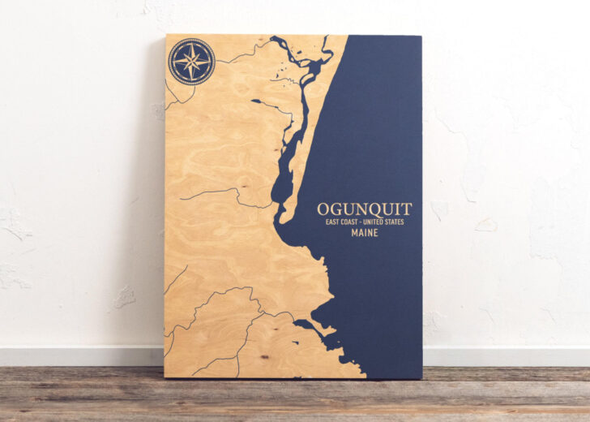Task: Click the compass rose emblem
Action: tap(192, 62)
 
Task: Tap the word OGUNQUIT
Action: tap(364, 209)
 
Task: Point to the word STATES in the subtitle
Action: tap(391, 222)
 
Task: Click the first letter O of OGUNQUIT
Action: tap(323, 209)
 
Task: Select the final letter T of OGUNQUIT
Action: tap(407, 209)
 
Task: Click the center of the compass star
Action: tap(192, 62)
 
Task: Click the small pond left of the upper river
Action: tap(257, 102)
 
